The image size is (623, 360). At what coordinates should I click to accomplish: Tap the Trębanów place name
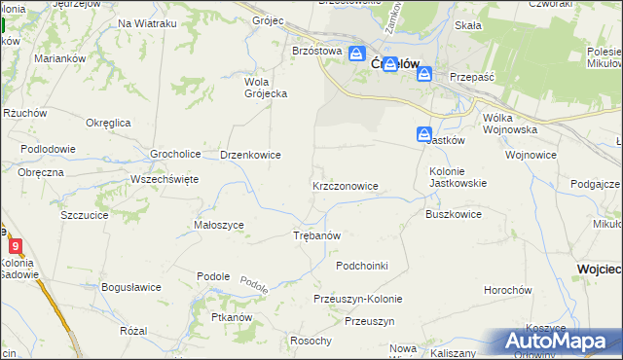(316, 236)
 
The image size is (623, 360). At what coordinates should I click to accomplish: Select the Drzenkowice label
(250, 154)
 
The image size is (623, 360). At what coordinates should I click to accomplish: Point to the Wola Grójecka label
(264, 88)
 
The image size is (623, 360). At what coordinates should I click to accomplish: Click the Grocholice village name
(175, 154)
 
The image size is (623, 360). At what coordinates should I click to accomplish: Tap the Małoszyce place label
(219, 225)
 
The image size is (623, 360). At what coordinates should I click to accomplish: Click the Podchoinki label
(362, 266)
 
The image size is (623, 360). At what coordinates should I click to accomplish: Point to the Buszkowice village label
(454, 213)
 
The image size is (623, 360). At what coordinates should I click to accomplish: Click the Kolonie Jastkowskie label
(458, 175)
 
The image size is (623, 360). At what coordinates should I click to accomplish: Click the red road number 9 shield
(15, 247)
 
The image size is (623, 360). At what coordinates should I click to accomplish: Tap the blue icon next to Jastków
(424, 134)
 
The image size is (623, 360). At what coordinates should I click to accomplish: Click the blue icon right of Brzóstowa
(357, 55)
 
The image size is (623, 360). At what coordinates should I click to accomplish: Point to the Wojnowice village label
(531, 154)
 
